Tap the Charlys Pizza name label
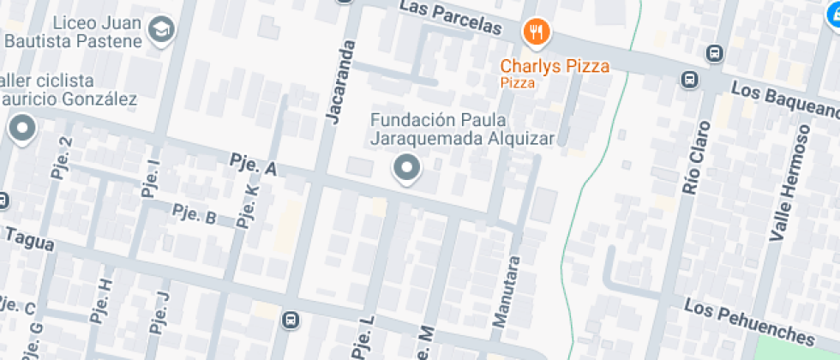pyautogui.click(x=555, y=65)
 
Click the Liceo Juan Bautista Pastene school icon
pyautogui.click(x=160, y=31)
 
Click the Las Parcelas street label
pyautogui.click(x=450, y=19)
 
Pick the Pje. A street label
pyautogui.click(x=254, y=165)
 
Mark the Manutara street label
pyautogui.click(x=505, y=291)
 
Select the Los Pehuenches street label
pyautogui.click(x=748, y=320)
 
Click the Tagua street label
pyautogui.click(x=29, y=240)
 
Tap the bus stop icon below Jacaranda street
pyautogui.click(x=291, y=320)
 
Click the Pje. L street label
pyautogui.click(x=363, y=336)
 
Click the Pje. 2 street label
pyautogui.click(x=62, y=157)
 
